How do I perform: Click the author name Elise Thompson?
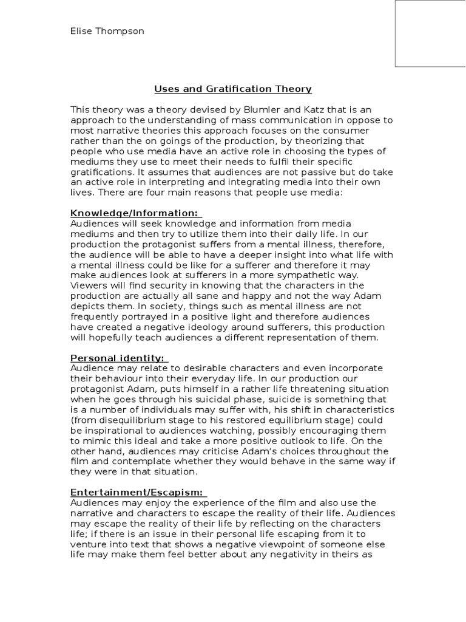coord(107,31)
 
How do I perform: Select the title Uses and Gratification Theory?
coord(233,89)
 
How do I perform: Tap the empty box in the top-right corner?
coord(430,33)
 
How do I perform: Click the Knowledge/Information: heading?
coord(134,213)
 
